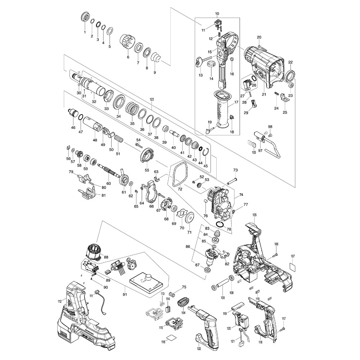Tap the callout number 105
pos(255,215)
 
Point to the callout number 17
pos(237,102)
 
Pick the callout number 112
pos(60,301)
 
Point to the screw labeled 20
pos(261,46)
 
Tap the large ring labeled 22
pos(291,76)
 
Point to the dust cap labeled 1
pos(85,17)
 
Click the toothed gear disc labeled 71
pos(187,219)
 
